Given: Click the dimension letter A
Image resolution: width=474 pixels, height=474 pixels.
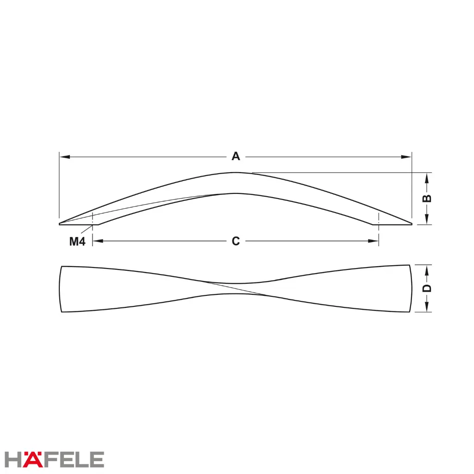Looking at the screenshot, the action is pyautogui.click(x=236, y=156).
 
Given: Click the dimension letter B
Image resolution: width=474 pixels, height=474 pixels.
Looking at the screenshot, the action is pyautogui.click(x=426, y=198).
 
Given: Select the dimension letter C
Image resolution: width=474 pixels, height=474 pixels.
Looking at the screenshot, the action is pyautogui.click(x=236, y=241).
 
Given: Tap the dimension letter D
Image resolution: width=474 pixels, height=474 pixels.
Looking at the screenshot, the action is pyautogui.click(x=426, y=288).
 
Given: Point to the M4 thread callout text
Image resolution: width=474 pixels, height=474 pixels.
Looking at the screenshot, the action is pyautogui.click(x=77, y=241).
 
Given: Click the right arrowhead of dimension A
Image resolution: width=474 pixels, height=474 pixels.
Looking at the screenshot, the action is pyautogui.click(x=406, y=157).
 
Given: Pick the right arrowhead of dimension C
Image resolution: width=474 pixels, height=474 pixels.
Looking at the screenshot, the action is pyautogui.click(x=373, y=241).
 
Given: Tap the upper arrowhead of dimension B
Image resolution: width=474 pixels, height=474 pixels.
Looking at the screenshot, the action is pyautogui.click(x=427, y=178).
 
